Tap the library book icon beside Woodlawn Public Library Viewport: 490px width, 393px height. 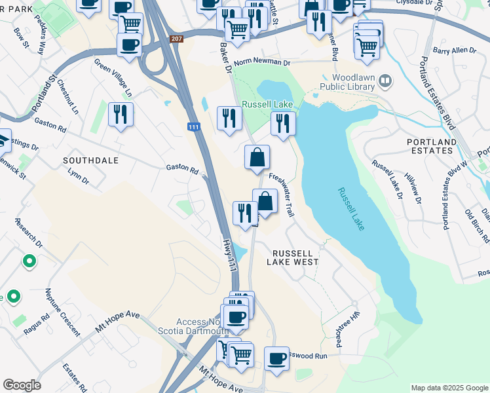pos(386,81)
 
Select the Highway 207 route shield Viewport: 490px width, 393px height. pos(176,39)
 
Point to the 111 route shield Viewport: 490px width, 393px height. pos(193,126)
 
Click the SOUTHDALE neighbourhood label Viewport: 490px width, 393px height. pos(90,160)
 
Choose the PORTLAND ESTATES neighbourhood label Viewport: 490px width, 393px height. pos(431,146)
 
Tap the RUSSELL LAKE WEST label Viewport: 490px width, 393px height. pos(292,257)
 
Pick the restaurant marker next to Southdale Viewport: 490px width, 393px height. pos(121,115)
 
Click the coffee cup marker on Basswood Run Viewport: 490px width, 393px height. pos(277,358)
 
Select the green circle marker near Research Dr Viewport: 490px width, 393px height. pos(29,262)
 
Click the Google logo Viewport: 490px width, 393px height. pos(22,385)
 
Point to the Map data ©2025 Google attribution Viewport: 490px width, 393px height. pos(449,388)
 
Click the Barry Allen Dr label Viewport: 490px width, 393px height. pos(455,50)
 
